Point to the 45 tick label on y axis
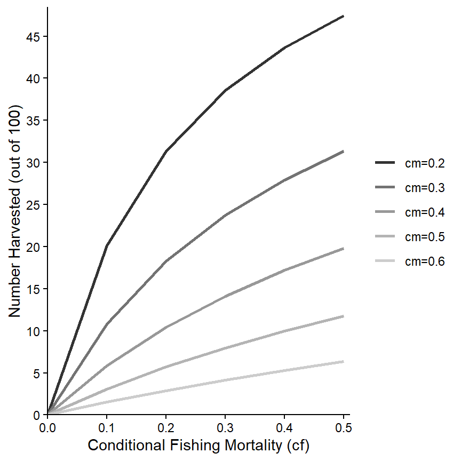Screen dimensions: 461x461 click(x=34, y=37)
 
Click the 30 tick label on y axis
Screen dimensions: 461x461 click(x=34, y=163)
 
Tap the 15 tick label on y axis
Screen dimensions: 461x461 click(x=34, y=289)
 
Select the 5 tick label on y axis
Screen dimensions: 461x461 click(x=37, y=373)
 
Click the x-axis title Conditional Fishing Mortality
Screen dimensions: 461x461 click(x=198, y=446)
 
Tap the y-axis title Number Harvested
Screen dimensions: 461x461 click(x=15, y=211)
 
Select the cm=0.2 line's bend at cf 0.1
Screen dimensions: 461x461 click(x=107, y=245)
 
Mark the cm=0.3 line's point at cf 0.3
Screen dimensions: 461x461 click(x=226, y=216)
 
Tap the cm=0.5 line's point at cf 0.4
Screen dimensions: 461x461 click(x=285, y=331)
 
